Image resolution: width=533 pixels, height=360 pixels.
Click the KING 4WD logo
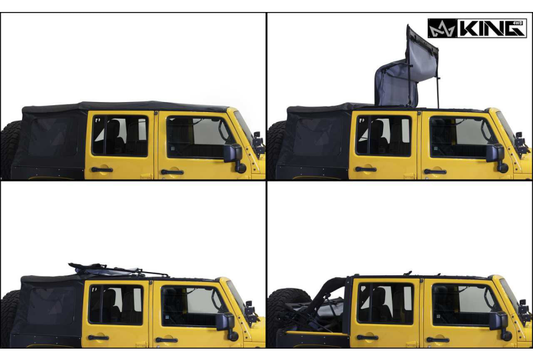point(476,28)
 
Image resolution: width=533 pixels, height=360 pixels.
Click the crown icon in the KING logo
point(441,29)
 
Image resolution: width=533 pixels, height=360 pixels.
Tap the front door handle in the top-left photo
point(171,172)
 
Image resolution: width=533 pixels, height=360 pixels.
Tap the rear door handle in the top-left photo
point(102,170)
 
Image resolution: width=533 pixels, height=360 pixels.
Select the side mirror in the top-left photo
point(233,155)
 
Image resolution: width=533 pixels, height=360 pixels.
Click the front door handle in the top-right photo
point(435,171)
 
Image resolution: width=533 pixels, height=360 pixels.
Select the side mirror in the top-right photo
point(496,155)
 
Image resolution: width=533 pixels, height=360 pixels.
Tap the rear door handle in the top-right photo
point(366,169)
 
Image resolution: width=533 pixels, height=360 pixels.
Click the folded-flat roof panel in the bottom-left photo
point(107,269)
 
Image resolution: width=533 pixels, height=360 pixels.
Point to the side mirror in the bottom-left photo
point(227,323)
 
